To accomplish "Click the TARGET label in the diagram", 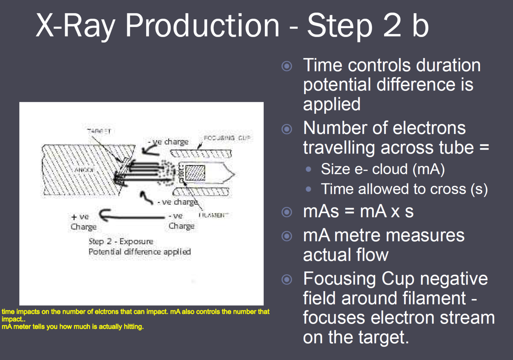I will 99,131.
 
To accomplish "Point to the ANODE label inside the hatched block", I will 85,170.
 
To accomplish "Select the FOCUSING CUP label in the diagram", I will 227,138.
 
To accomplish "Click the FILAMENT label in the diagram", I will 213,215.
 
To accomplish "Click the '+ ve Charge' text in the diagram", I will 82,222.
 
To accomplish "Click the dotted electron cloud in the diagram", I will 168,172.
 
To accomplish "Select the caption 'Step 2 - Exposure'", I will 121,242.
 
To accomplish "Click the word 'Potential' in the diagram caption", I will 105,252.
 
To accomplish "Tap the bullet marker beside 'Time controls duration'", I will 287,66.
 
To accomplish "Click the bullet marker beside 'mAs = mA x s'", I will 287,212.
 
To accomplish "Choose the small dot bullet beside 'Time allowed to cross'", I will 308,189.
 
